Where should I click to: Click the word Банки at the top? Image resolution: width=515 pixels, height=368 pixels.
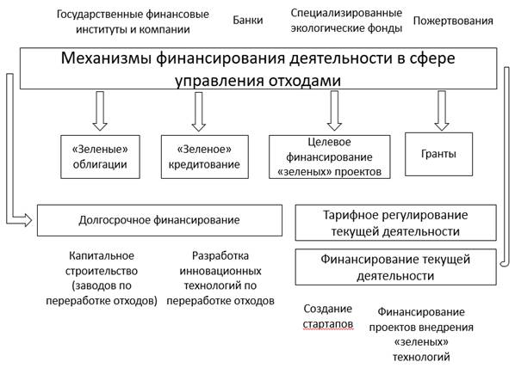click(248, 21)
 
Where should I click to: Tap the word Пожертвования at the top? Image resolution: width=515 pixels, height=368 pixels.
click(453, 21)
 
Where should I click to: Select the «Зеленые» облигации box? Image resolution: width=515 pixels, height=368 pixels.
click(100, 156)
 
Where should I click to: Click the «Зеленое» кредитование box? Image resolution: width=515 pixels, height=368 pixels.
click(205, 156)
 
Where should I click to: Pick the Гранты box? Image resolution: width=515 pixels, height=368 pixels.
click(439, 154)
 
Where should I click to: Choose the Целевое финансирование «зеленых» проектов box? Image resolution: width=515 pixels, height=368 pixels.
click(330, 156)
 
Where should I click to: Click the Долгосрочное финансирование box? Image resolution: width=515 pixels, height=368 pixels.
click(159, 220)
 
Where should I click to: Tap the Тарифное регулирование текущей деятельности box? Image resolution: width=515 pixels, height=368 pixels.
click(396, 223)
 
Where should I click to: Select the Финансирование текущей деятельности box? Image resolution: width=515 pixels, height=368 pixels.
click(396, 267)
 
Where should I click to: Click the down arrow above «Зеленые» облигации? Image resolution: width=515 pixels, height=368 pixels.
click(100, 111)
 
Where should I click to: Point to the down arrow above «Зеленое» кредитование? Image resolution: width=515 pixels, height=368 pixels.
click(199, 112)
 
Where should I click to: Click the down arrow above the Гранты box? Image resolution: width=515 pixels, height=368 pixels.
click(442, 111)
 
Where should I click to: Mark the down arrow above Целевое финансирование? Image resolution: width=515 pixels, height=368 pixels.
click(334, 111)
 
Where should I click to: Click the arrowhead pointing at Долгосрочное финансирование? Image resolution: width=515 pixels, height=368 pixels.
click(28, 220)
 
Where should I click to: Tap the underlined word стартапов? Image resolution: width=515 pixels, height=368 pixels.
click(328, 324)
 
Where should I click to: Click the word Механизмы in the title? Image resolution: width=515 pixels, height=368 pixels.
click(107, 58)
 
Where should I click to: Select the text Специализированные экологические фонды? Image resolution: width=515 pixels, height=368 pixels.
click(346, 21)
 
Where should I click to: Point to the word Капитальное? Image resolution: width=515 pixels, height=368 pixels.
click(102, 256)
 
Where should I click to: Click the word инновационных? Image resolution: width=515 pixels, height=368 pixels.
click(220, 271)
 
